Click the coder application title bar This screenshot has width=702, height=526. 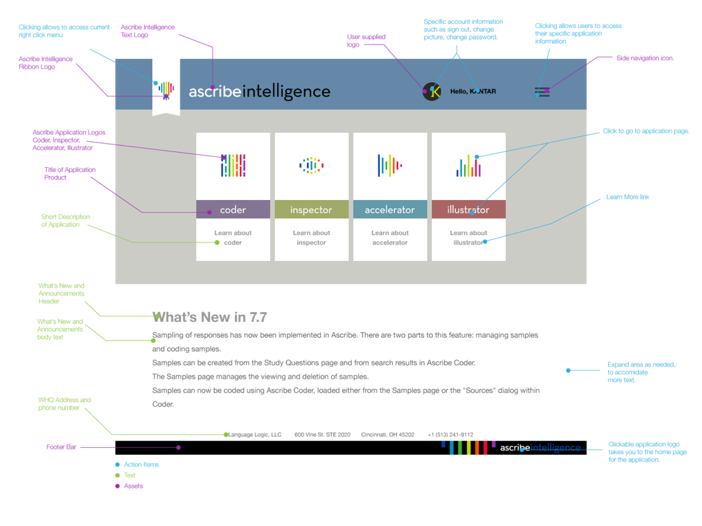[x=233, y=210]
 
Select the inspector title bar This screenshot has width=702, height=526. [x=311, y=210]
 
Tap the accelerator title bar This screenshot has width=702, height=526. [x=389, y=210]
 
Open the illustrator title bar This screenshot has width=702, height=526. [x=468, y=210]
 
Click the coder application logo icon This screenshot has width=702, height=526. [x=233, y=166]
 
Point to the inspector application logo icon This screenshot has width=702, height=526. [x=311, y=165]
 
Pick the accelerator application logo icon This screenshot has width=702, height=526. [x=389, y=165]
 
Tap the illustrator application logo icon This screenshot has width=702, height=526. [x=468, y=165]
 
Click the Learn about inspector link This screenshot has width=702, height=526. [x=311, y=238]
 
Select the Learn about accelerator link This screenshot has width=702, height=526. [x=389, y=238]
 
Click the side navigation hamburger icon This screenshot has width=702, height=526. [x=542, y=92]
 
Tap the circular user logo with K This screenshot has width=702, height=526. [x=432, y=91]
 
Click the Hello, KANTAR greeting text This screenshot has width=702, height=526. [x=473, y=91]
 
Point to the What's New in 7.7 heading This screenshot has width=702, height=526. [x=210, y=317]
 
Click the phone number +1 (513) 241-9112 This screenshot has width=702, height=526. [x=450, y=435]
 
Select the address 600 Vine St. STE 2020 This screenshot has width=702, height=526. [x=322, y=435]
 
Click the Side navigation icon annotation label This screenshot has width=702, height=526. [x=645, y=58]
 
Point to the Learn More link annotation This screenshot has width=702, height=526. [x=627, y=197]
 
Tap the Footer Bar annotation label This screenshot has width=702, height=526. [x=61, y=447]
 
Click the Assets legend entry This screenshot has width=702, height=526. [x=133, y=486]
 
